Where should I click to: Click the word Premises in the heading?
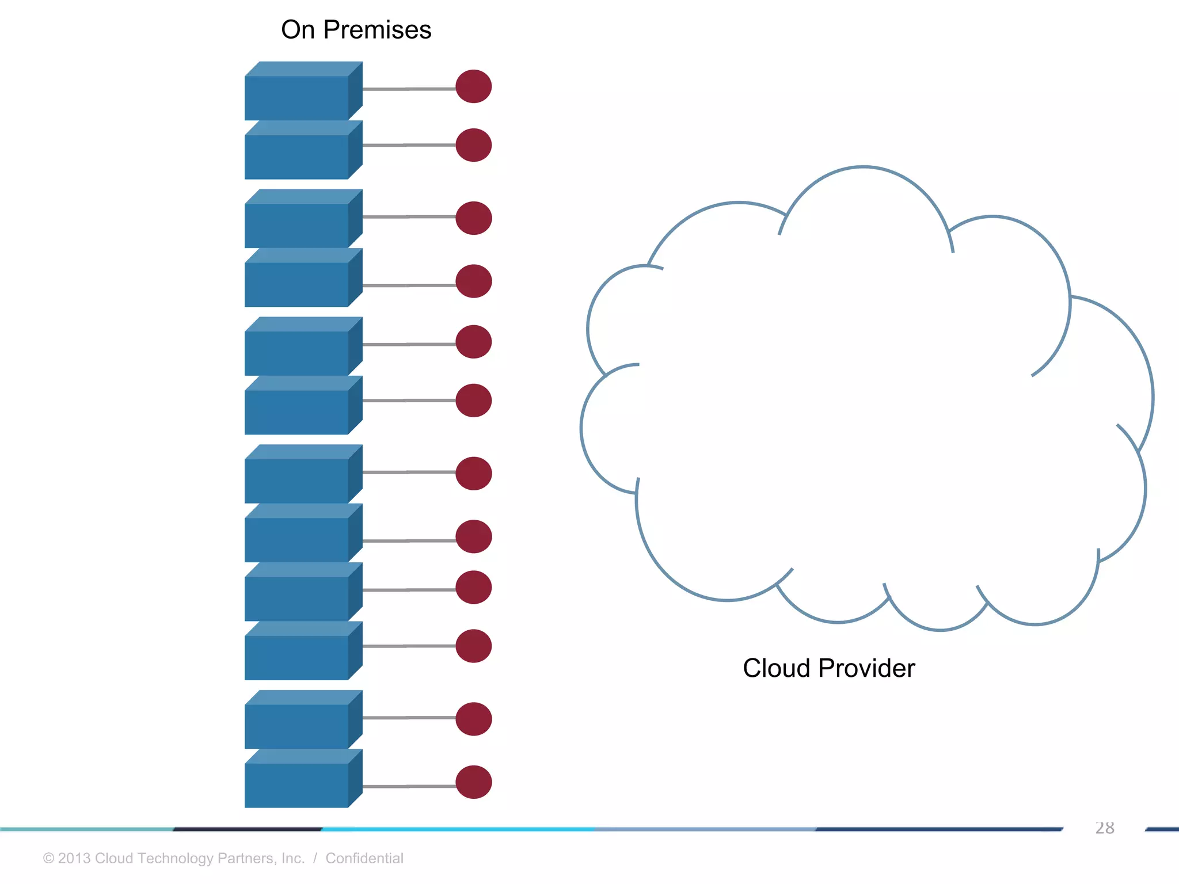click(377, 30)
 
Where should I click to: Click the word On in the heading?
click(298, 30)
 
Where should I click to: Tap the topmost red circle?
click(473, 86)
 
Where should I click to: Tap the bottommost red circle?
click(473, 782)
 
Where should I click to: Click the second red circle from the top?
click(473, 145)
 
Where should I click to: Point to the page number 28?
click(1104, 828)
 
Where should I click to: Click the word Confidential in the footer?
click(364, 858)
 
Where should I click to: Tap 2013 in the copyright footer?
click(74, 858)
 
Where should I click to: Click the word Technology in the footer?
click(175, 858)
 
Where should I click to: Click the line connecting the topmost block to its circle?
click(409, 89)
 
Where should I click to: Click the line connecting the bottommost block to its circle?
click(409, 786)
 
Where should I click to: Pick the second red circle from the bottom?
click(473, 719)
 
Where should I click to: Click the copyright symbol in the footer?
click(49, 858)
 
